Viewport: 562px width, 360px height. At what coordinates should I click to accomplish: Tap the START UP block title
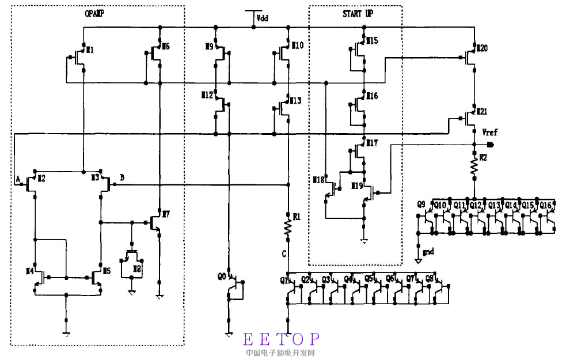point(357,14)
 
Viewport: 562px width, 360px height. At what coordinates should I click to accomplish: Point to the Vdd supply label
point(263,18)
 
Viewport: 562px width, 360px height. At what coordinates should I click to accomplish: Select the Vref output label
point(489,133)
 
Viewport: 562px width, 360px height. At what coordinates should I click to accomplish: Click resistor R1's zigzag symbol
point(287,226)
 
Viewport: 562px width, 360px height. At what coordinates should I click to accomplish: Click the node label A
point(19,179)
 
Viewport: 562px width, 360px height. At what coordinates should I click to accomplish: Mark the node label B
point(121,177)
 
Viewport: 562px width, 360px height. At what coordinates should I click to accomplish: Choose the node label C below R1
point(284,253)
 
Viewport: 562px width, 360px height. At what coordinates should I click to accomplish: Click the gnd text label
point(428,252)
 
